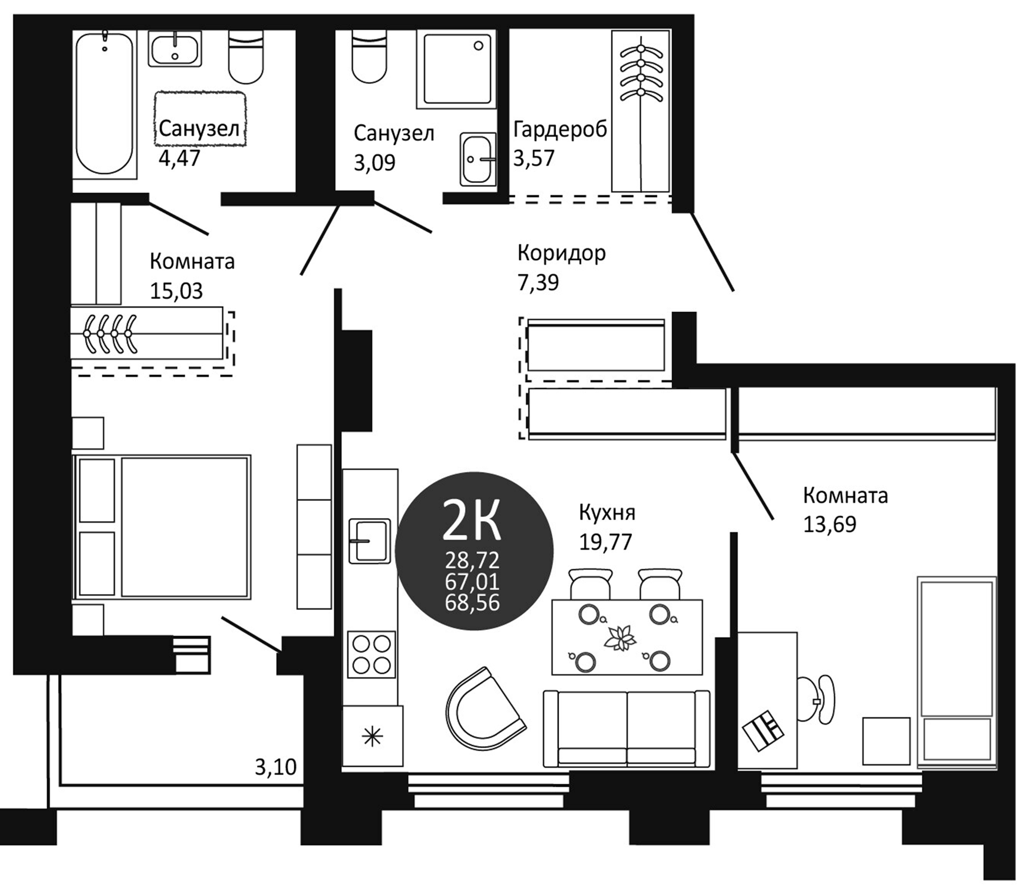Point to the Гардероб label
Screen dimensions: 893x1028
tap(560, 129)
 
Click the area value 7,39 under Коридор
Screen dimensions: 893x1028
tap(538, 283)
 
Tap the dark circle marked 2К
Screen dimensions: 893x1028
tap(474, 551)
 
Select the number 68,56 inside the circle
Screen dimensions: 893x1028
tap(472, 603)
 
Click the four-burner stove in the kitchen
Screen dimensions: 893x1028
tap(371, 654)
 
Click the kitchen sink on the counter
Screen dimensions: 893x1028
tap(369, 541)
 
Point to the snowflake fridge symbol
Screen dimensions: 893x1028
tap(372, 738)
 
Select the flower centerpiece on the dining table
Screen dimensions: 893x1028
tap(620, 638)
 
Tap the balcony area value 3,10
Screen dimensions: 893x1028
tap(275, 767)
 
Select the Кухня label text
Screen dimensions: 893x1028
tap(606, 513)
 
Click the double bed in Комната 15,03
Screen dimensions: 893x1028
tap(162, 527)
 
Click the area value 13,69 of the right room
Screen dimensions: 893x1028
tap(829, 525)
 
